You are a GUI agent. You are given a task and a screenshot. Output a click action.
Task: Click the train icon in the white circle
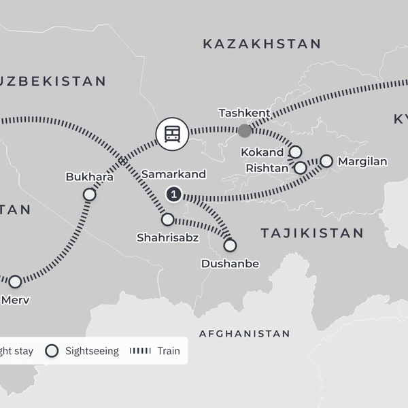coord(172,133)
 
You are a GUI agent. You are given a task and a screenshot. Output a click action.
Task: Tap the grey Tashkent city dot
coord(244,130)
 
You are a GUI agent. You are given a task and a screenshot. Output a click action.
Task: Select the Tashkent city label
coord(243,112)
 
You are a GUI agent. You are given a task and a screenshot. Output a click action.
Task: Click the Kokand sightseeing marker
coord(295,152)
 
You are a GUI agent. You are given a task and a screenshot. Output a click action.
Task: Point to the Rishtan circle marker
coord(300,167)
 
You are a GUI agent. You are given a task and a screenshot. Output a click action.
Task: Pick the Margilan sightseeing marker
coord(326,161)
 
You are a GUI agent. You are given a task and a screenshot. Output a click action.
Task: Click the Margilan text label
coord(362,162)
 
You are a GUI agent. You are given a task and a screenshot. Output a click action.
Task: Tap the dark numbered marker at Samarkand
coord(174,195)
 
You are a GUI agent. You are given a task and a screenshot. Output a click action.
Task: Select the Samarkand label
coord(173,175)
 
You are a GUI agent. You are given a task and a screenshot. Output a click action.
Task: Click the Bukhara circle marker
coord(89,194)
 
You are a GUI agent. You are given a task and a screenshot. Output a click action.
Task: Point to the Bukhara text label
coord(89,177)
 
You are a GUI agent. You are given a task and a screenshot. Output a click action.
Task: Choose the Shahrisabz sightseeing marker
coord(167,220)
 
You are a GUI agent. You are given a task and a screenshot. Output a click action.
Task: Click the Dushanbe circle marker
coord(230,245)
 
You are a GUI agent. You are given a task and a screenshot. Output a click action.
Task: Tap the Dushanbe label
coord(231,263)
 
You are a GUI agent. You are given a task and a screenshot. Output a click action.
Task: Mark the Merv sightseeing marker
coord(15,281)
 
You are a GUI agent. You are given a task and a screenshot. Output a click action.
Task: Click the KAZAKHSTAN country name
coord(262,44)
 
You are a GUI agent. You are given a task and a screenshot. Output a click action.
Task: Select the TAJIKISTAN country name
coord(312,233)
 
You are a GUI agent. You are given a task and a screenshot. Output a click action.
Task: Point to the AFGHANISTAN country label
coord(244,334)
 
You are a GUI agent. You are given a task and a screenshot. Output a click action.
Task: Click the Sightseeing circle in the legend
coord(52,351)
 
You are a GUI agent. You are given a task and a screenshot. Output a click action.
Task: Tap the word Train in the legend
coord(168,351)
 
